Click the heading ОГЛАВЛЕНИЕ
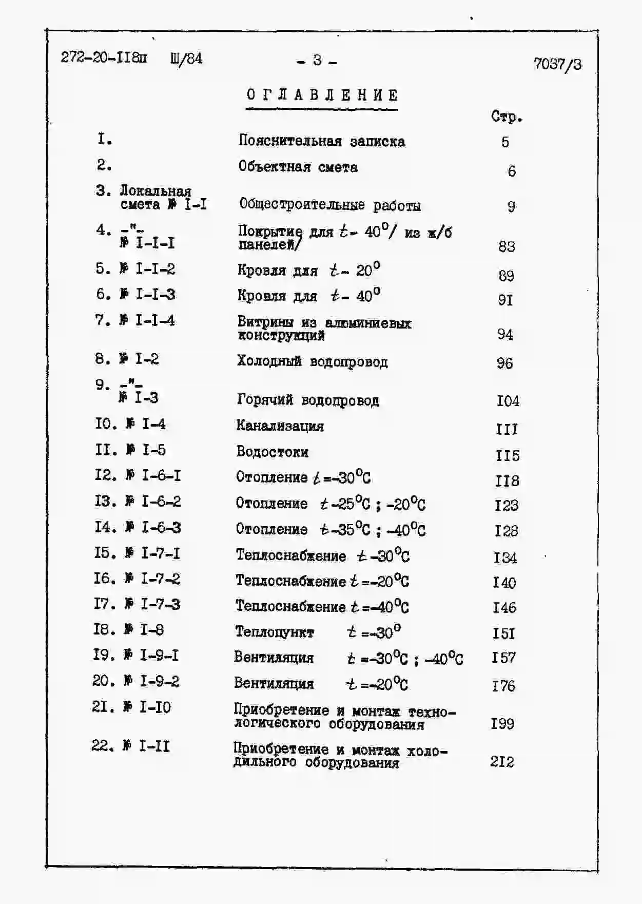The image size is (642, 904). coord(322,95)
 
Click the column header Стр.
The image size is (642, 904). coord(506,117)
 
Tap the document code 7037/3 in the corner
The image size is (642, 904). coord(557,64)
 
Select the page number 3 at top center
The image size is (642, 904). coord(317,61)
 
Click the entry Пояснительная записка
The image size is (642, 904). coord(322,141)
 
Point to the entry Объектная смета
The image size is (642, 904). coord(298,167)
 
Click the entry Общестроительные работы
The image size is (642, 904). coord(330,205)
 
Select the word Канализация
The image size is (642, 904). coord(280,426)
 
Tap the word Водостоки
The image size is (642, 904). coord(272,452)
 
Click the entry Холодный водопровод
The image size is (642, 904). coord(312,362)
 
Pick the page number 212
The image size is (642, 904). coord(502,761)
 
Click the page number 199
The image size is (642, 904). coord(502,723)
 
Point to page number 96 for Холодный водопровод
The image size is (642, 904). coord(504,363)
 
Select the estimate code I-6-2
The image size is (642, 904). coord(161,501)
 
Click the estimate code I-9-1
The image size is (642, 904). coord(159,655)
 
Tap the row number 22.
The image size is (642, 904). coord(102,745)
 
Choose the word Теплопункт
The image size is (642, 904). coord(274,632)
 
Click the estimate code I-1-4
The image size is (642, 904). coord(154,321)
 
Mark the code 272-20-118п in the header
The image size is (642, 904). coord(104,57)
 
